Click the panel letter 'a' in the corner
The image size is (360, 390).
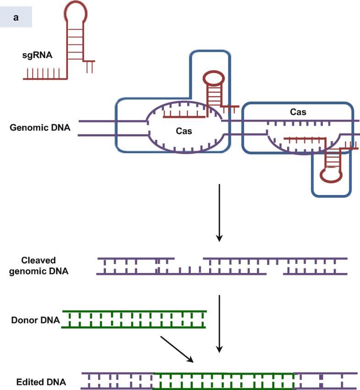[16, 17]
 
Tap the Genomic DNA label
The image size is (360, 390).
[40, 128]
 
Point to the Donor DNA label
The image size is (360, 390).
[36, 320]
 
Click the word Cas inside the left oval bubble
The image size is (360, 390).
[183, 131]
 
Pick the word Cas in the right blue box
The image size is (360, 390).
[298, 111]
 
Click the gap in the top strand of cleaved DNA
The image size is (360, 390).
[188, 259]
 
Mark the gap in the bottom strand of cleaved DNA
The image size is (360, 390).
[275, 274]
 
